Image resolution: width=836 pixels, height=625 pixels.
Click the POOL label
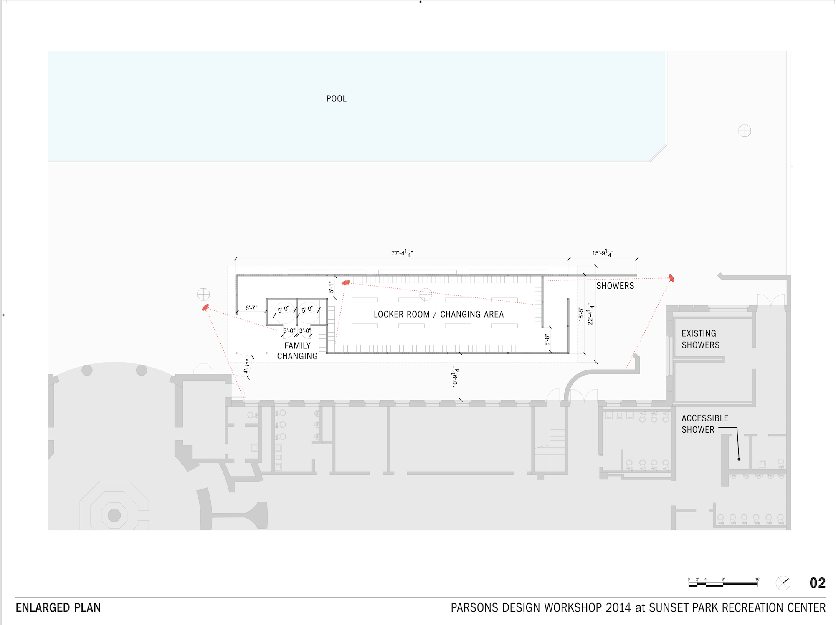coord(336,99)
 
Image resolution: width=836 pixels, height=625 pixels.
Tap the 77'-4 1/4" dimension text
coord(402,253)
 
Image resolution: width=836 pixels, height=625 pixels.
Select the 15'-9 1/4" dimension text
coord(602,253)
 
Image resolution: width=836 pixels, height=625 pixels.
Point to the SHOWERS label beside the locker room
coord(615,286)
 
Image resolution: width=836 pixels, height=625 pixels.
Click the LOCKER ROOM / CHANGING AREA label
coord(438,314)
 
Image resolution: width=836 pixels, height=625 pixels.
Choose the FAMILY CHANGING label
coord(297,351)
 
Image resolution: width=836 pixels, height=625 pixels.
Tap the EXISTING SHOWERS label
coord(700,339)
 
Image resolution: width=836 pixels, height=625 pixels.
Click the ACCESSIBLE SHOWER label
coord(704,423)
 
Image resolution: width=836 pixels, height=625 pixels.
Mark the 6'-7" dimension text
coord(251,308)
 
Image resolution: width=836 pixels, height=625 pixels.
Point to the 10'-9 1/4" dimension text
coord(456,377)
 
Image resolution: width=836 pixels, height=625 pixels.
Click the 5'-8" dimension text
coord(547,340)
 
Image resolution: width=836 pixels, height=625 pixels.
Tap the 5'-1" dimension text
coord(331,287)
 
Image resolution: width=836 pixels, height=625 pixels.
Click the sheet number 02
coord(817,583)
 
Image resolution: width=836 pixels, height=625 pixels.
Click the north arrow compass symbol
coord(783,583)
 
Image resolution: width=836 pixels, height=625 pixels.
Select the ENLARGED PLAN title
coord(58,607)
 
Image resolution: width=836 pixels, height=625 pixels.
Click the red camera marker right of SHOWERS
coord(671,278)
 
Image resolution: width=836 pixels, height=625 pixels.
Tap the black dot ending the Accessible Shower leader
coord(739,459)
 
